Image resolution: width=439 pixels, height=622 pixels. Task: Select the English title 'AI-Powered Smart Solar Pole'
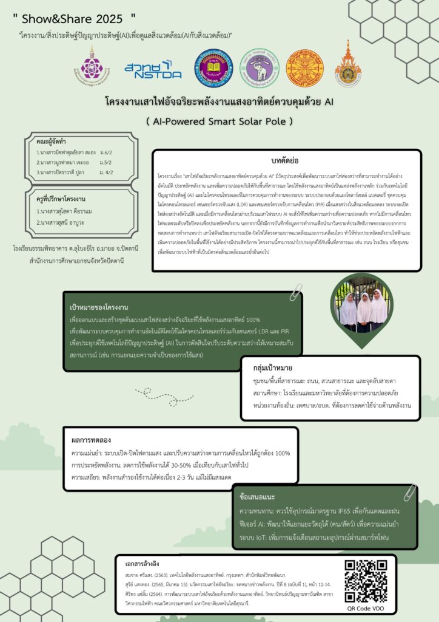pos(219,121)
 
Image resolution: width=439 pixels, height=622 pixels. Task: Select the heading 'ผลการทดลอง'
pos(91,439)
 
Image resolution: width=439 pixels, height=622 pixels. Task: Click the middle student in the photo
pos(364,307)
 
